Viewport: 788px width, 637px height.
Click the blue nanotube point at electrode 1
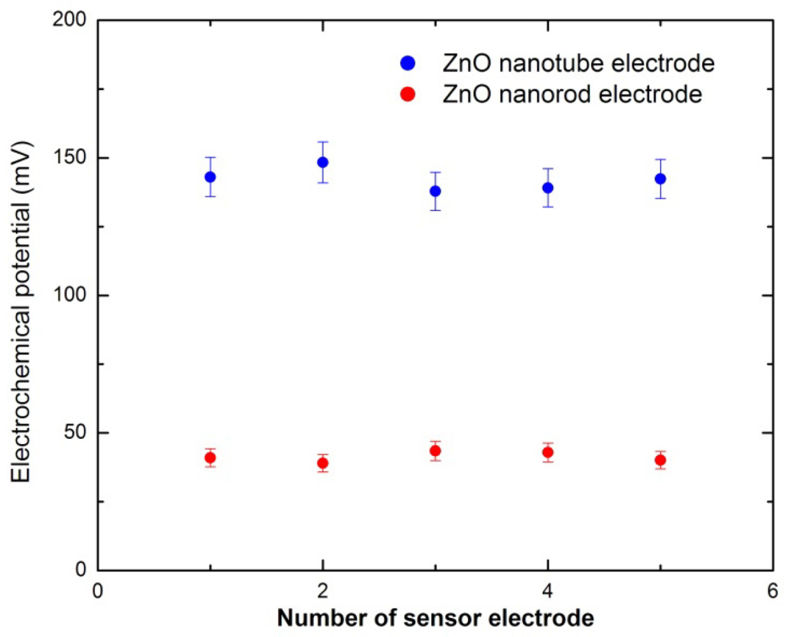[x=210, y=177]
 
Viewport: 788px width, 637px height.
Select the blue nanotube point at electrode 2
[x=323, y=162]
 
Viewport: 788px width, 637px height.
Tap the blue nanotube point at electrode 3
[x=435, y=191]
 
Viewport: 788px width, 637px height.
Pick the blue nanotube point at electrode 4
[x=548, y=188]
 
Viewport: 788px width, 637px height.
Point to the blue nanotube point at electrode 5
[x=661, y=179]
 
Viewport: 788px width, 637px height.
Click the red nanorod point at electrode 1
[x=210, y=458]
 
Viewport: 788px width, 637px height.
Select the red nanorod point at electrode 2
[x=323, y=463]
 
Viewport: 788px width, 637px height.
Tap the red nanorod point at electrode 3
[x=435, y=451]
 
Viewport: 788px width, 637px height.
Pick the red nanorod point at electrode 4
[x=548, y=453]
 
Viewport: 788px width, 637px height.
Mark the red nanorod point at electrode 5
[x=661, y=460]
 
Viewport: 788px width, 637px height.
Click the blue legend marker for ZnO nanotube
[x=408, y=63]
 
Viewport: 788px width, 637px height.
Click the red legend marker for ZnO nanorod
[x=408, y=94]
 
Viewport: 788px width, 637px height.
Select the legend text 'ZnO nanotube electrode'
[x=578, y=63]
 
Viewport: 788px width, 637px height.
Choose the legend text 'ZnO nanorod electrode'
[x=572, y=94]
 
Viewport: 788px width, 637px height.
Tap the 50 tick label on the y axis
[x=74, y=433]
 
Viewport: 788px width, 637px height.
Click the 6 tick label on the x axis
[x=773, y=592]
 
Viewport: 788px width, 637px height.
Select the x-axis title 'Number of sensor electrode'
[x=436, y=618]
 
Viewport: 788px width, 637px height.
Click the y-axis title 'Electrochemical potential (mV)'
[x=21, y=312]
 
